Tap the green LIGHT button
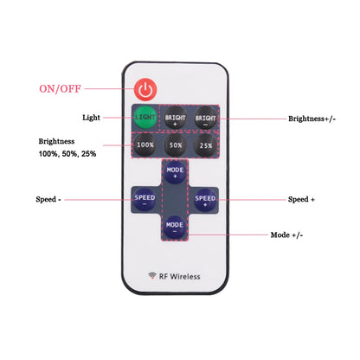point(145,118)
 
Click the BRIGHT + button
point(175,118)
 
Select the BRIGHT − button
point(205,118)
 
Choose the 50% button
point(176,145)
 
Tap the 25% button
point(206,145)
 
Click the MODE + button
point(175,172)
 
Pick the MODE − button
point(175,227)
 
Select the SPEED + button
point(205,200)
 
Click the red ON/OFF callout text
point(60,88)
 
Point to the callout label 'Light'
point(91,118)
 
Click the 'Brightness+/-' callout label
point(312,119)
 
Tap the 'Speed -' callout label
point(48,199)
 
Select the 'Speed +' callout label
point(301,199)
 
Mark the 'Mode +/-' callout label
point(286,235)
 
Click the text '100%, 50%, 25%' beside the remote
point(67,154)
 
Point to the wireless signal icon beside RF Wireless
point(152,275)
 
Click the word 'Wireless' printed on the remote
point(185,276)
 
